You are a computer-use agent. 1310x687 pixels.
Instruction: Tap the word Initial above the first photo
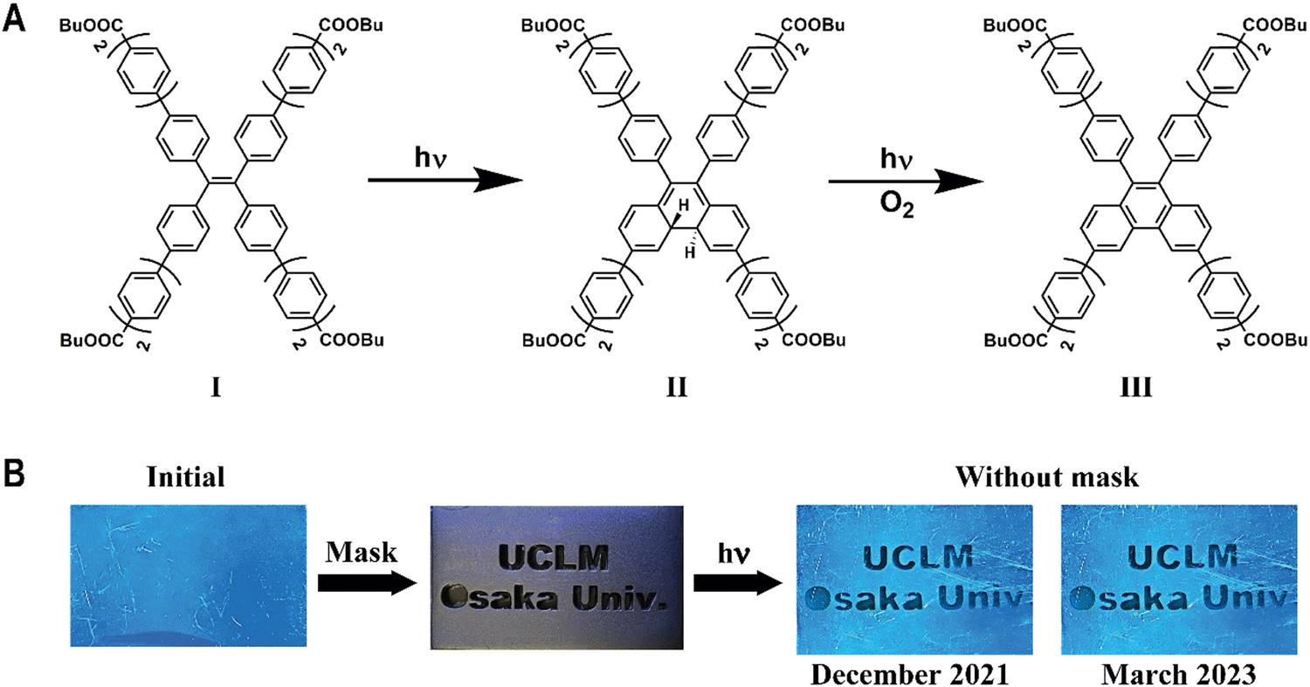(187, 478)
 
